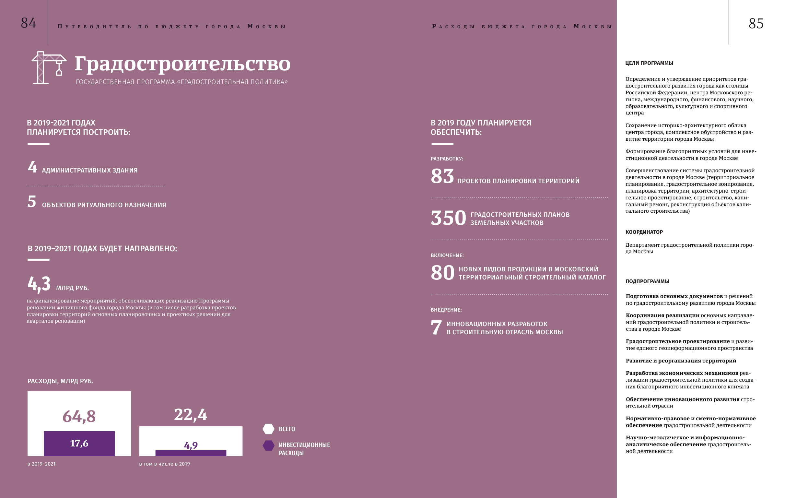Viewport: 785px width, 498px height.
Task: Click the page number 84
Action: tap(29, 23)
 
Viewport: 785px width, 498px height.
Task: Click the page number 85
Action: tap(756, 24)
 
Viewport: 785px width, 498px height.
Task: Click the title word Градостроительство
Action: tap(182, 64)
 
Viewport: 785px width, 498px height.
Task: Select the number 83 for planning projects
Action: tap(442, 176)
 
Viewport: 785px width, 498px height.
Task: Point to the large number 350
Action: tap(448, 218)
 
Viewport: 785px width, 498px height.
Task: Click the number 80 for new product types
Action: tap(442, 273)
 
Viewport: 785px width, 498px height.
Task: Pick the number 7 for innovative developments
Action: tap(436, 327)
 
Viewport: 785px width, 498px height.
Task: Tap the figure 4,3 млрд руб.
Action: tap(39, 284)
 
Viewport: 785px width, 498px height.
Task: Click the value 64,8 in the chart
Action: tap(79, 417)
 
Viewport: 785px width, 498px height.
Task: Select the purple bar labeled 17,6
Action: tap(79, 444)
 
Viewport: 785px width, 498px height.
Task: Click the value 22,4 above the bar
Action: tap(190, 415)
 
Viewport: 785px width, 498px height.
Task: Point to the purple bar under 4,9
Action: tap(191, 453)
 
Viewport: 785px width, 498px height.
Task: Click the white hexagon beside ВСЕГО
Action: tap(269, 429)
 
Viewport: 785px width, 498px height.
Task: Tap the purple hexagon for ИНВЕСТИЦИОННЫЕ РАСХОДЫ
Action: tap(269, 445)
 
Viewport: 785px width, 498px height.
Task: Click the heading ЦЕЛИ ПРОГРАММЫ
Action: tap(649, 63)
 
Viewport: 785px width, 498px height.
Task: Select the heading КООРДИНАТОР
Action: tap(644, 232)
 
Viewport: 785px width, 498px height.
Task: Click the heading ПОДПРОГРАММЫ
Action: tap(647, 281)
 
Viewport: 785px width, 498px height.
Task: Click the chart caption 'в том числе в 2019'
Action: tap(164, 464)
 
